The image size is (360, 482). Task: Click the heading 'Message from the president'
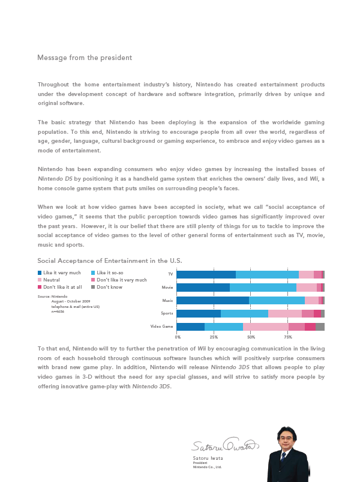pyautogui.click(x=84, y=58)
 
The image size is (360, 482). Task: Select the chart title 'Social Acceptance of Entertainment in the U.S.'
pyautogui.click(x=109, y=261)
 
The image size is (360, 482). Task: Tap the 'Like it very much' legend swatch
pyautogui.click(x=40, y=273)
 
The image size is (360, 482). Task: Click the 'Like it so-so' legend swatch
pyautogui.click(x=92, y=273)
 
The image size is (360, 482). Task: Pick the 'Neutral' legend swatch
pyautogui.click(x=40, y=280)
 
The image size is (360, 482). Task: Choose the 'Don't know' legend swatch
pyautogui.click(x=92, y=287)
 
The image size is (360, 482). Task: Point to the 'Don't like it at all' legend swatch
pyautogui.click(x=40, y=287)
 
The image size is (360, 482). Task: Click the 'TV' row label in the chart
pyautogui.click(x=170, y=274)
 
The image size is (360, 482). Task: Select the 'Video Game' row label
pyautogui.click(x=162, y=327)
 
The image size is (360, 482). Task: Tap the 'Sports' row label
pyautogui.click(x=167, y=313)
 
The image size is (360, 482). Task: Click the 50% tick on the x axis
pyautogui.click(x=251, y=337)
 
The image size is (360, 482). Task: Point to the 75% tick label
pyautogui.click(x=288, y=337)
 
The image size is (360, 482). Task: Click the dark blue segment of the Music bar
pyautogui.click(x=213, y=300)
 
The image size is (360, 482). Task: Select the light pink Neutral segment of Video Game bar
pyautogui.click(x=266, y=327)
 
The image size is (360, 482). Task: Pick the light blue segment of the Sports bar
pyautogui.click(x=244, y=313)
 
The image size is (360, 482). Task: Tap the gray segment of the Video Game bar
pyautogui.click(x=320, y=327)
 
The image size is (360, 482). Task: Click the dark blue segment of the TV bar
pyautogui.click(x=206, y=274)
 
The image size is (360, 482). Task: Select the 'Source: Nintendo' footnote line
pyautogui.click(x=52, y=297)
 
